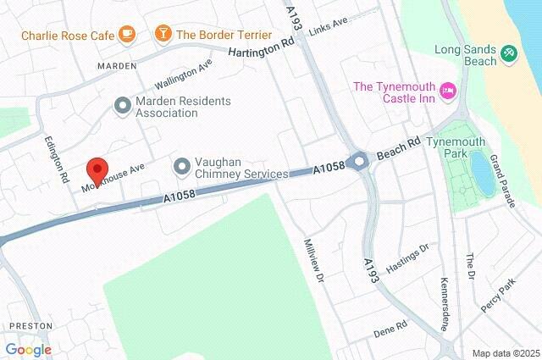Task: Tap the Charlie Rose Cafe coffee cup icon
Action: [x=127, y=35]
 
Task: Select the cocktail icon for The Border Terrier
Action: [x=162, y=35]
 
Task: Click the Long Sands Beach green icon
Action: [x=508, y=53]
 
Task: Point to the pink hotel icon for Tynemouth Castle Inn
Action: [x=448, y=88]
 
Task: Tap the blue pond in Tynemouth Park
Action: [x=481, y=172]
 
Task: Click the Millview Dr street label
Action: [x=313, y=260]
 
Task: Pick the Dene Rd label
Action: [x=390, y=326]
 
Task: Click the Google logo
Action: [x=28, y=349]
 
